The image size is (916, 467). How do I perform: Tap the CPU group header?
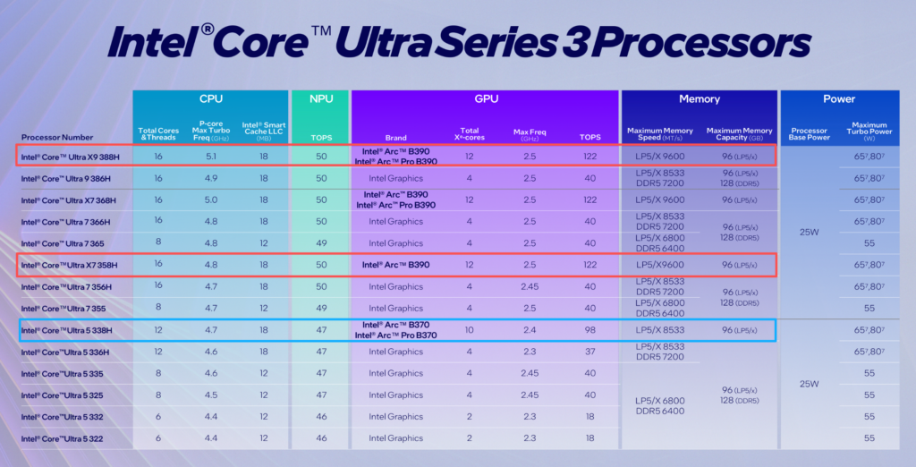[210, 98]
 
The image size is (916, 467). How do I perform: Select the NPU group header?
[320, 98]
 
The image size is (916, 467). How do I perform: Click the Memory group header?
[699, 98]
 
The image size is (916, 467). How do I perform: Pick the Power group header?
[839, 98]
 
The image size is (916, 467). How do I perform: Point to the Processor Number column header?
[57, 137]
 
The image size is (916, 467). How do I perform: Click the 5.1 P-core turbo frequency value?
[210, 157]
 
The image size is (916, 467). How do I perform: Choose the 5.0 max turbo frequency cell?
[210, 200]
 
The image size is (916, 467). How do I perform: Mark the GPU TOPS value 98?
[589, 330]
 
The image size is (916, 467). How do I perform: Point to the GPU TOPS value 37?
[589, 352]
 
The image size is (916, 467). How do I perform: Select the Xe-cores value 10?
[471, 330]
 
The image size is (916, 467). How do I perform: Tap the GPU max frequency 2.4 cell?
[530, 330]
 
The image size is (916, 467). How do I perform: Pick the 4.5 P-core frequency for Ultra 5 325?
[210, 395]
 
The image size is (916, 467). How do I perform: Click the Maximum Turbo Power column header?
[869, 133]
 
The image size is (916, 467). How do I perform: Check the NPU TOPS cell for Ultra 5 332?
[320, 417]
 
